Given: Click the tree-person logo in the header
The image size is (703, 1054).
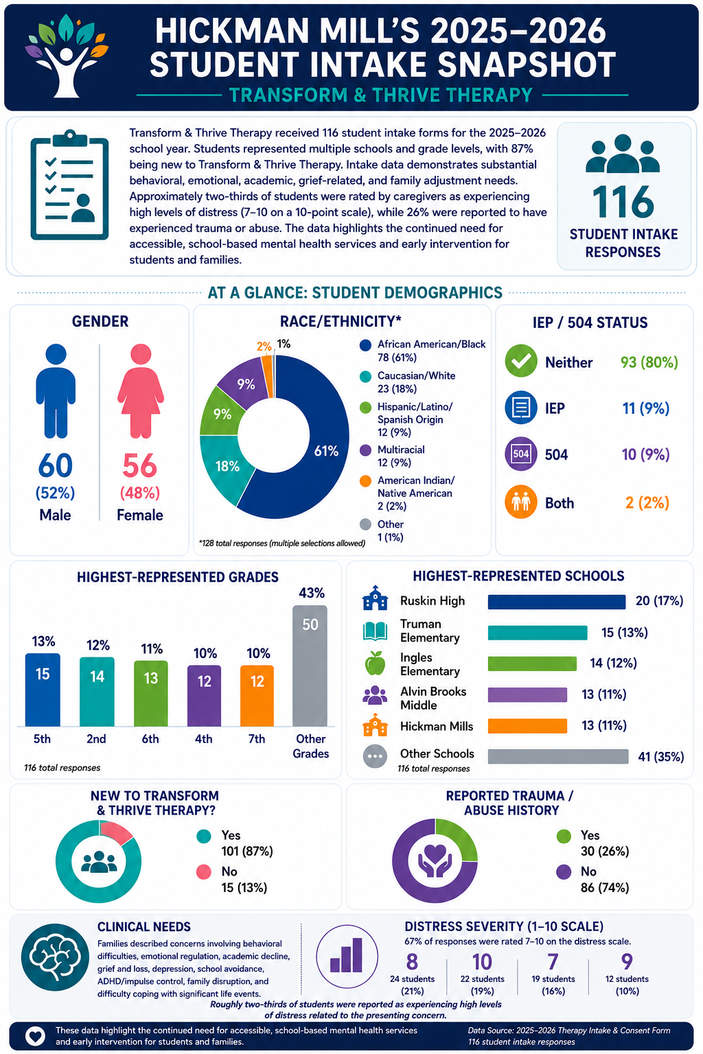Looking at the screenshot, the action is click(x=67, y=56).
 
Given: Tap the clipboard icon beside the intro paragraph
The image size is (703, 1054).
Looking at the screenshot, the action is click(x=70, y=185).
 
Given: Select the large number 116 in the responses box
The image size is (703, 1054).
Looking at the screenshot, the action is click(x=623, y=202).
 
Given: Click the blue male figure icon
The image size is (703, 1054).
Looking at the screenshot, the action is click(x=56, y=391).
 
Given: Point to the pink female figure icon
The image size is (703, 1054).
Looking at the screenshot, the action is click(x=140, y=391).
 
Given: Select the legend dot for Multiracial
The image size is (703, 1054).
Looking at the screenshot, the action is click(x=365, y=450).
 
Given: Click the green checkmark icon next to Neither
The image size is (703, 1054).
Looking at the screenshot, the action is click(x=521, y=361).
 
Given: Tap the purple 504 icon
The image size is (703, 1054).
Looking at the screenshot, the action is click(x=521, y=454).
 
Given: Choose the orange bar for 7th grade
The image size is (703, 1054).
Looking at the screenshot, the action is click(x=257, y=695).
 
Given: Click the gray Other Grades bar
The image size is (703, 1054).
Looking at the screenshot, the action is click(x=310, y=666).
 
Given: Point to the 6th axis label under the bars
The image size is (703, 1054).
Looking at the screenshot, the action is click(x=150, y=739).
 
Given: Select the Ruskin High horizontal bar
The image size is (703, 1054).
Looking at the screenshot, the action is click(x=557, y=602).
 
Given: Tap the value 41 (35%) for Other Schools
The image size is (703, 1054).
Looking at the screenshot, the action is click(x=660, y=757).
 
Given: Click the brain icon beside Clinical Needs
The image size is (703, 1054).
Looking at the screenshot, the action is click(x=55, y=957).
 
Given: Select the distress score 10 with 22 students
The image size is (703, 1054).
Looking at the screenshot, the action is click(x=482, y=962).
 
